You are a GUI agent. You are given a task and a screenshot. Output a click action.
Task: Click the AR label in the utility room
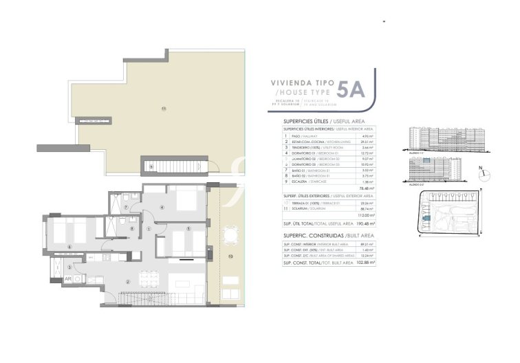[x=69, y=278]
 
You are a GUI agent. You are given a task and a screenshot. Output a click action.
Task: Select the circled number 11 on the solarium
[x=163, y=109]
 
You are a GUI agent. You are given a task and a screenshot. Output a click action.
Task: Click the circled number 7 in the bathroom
[x=126, y=207]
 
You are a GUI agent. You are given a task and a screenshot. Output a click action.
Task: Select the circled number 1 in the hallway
[x=149, y=229]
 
